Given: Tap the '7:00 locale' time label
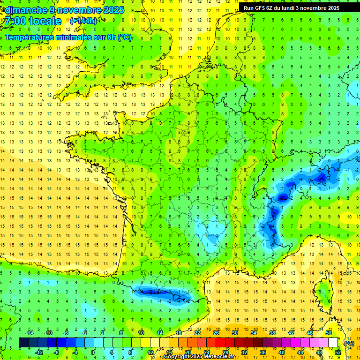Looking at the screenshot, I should (33, 21).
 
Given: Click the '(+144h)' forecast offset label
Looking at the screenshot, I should (83, 21).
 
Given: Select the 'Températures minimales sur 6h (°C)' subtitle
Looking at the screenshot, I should (68, 37).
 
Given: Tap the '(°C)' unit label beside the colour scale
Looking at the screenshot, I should (349, 343).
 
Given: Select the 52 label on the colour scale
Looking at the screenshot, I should (337, 352).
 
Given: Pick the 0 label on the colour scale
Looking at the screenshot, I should (92, 352).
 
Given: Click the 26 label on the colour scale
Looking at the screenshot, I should (216, 332).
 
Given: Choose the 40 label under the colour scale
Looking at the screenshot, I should (281, 352).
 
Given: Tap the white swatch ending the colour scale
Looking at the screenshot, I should (333, 343).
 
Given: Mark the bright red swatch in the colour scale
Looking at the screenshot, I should (220, 343).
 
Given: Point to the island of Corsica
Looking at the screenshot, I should (323, 293).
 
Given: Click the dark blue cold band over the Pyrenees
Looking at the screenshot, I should (155, 292).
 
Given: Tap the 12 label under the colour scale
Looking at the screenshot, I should (150, 352).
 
